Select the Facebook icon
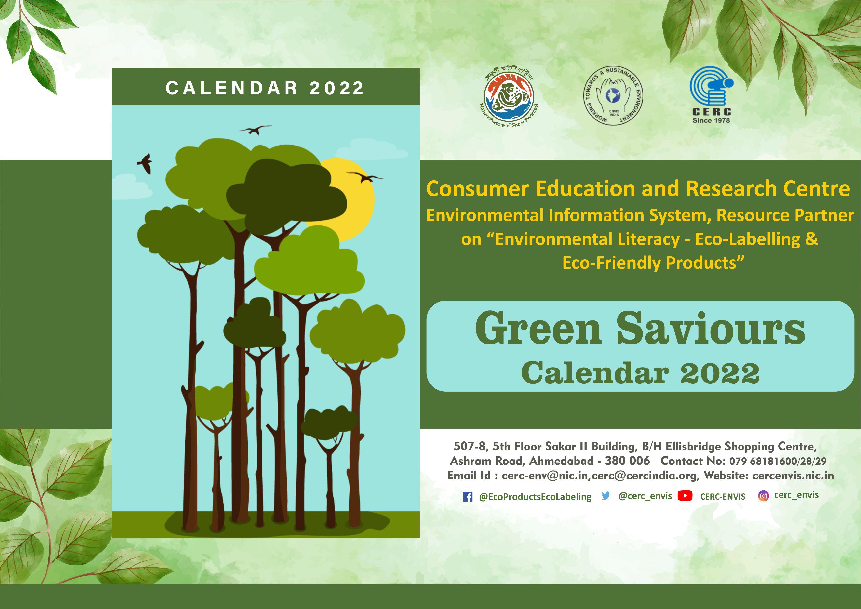pos(468,497)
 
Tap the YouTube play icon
pos(685,496)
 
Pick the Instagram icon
pos(763,496)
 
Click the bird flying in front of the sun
pos(364,177)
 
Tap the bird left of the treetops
pos(145,163)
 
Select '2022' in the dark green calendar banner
pos(336,88)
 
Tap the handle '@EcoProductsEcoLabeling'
pos(535,497)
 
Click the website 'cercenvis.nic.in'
pos(793,476)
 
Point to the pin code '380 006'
pos(627,461)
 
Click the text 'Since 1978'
pos(711,120)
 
